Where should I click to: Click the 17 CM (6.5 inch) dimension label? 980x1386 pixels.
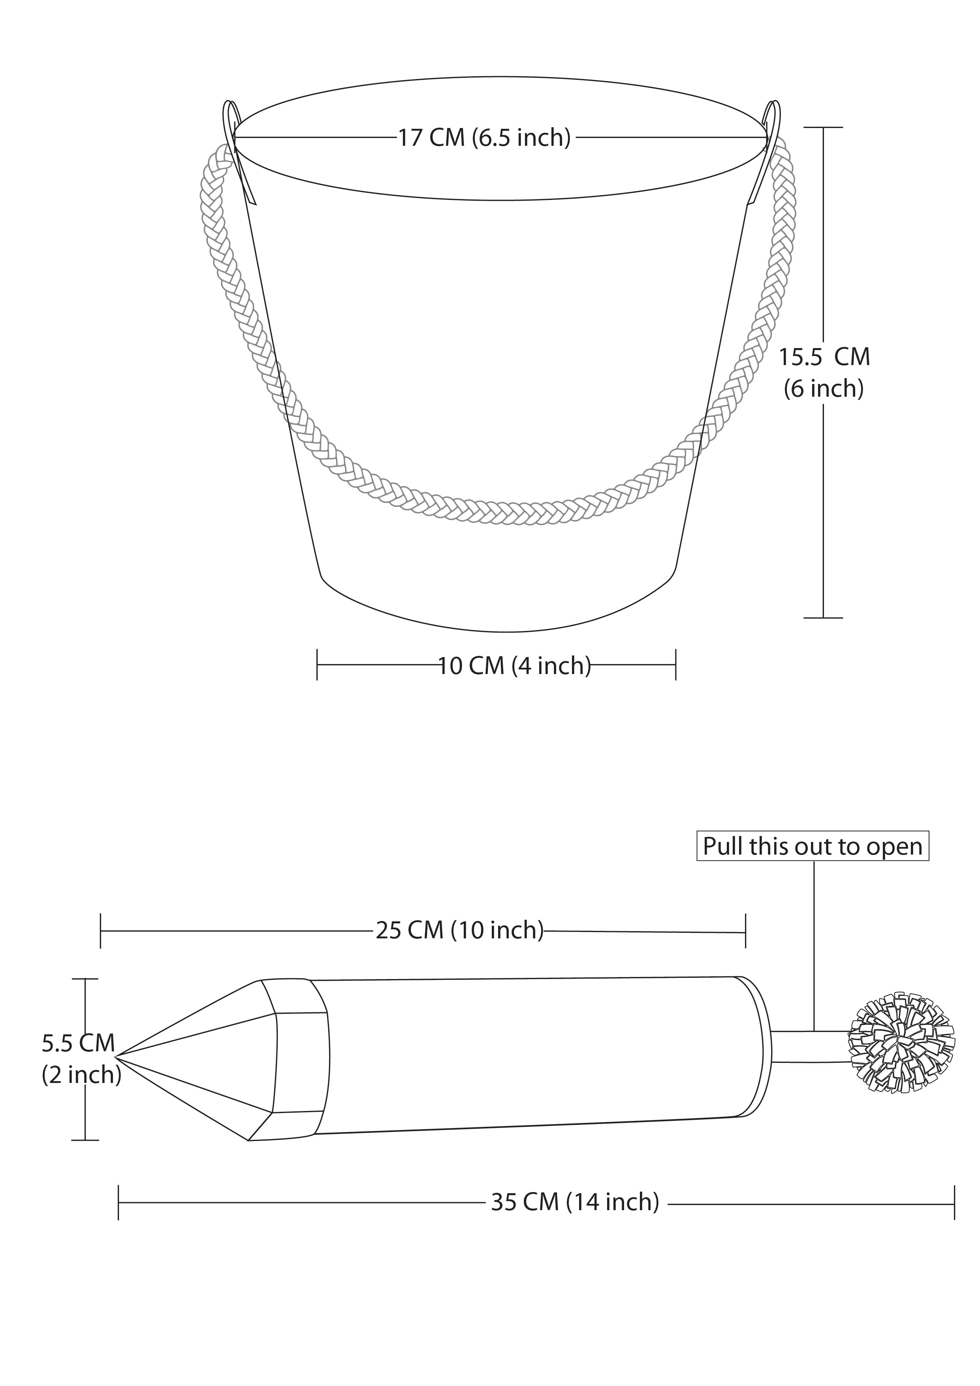(484, 137)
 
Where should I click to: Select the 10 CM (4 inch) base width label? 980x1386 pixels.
(514, 665)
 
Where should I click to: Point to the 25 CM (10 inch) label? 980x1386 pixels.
(460, 930)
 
